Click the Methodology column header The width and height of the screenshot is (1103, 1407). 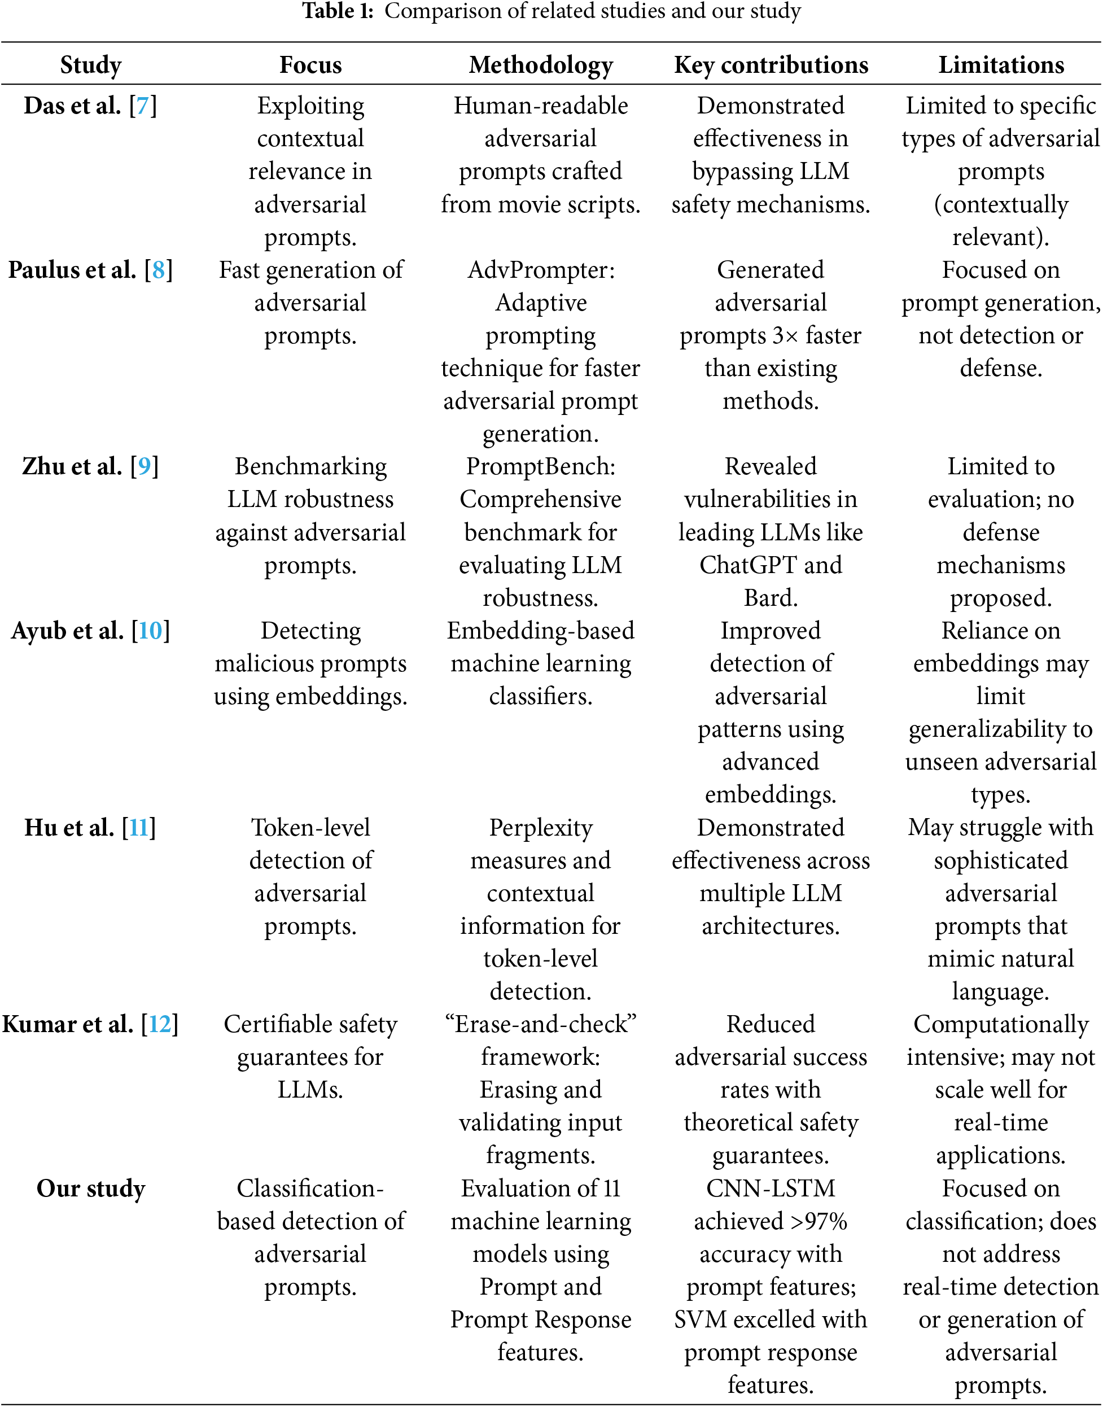pos(541,65)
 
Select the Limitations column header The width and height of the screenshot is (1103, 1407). pos(1001,65)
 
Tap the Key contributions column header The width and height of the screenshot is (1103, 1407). pos(771,65)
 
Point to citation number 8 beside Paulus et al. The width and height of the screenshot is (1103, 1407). pos(158,270)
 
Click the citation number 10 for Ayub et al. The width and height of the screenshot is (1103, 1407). pos(151,631)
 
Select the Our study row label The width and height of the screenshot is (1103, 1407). pos(91,1188)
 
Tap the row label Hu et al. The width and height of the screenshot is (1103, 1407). pos(70,828)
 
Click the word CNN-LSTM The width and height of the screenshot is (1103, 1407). pos(771,1188)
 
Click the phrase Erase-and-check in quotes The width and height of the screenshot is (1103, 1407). pos(541,1025)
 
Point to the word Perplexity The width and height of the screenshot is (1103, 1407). pos(541,828)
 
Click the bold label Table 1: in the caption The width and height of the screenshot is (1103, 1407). pos(338,11)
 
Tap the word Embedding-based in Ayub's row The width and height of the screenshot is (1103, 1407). pos(541,631)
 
